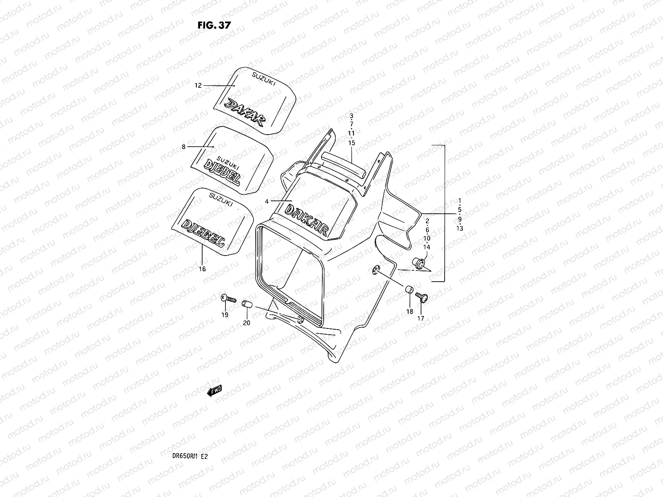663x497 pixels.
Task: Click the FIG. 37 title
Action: pyautogui.click(x=214, y=25)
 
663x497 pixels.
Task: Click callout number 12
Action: pyautogui.click(x=198, y=86)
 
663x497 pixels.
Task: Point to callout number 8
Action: pyautogui.click(x=183, y=147)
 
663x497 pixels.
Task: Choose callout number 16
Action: pyautogui.click(x=202, y=269)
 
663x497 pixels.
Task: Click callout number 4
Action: pyautogui.click(x=267, y=201)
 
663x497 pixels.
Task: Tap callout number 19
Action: pyautogui.click(x=225, y=315)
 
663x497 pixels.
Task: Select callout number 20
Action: pyautogui.click(x=247, y=323)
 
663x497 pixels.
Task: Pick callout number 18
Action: pyautogui.click(x=409, y=311)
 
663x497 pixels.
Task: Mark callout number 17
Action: pyautogui.click(x=421, y=318)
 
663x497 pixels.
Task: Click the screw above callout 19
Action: pyautogui.click(x=228, y=298)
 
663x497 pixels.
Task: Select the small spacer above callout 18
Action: pyautogui.click(x=409, y=289)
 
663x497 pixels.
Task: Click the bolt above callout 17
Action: pyautogui.click(x=421, y=297)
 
